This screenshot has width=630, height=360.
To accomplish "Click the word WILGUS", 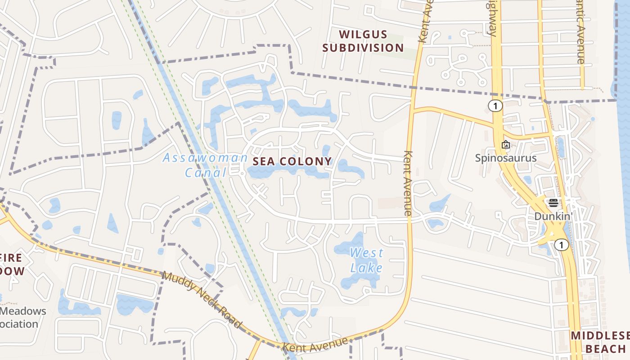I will click(363, 35).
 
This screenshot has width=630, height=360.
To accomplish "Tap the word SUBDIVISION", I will click(363, 48).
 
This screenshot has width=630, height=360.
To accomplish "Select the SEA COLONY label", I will click(292, 161).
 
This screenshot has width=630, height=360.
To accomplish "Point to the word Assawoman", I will click(205, 158).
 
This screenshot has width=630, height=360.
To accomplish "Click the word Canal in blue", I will click(205, 172).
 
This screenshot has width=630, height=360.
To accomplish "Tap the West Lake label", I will click(367, 261).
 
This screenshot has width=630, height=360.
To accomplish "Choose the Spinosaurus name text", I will click(506, 158).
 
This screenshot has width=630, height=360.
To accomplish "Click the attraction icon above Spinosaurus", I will click(506, 144).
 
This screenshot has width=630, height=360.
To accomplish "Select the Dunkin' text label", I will click(553, 216).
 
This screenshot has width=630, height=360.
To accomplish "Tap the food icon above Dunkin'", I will click(553, 202).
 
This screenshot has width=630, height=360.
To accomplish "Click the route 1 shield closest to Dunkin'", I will click(561, 245).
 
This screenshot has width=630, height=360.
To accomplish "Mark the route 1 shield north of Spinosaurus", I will click(495, 106).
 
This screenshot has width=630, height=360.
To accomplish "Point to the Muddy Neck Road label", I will click(202, 300).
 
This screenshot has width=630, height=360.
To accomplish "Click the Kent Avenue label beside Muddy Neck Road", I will click(315, 345).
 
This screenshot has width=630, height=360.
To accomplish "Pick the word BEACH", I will click(605, 349).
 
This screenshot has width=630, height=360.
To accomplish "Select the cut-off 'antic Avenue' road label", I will click(580, 31).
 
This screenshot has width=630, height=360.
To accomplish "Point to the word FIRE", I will click(11, 258).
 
